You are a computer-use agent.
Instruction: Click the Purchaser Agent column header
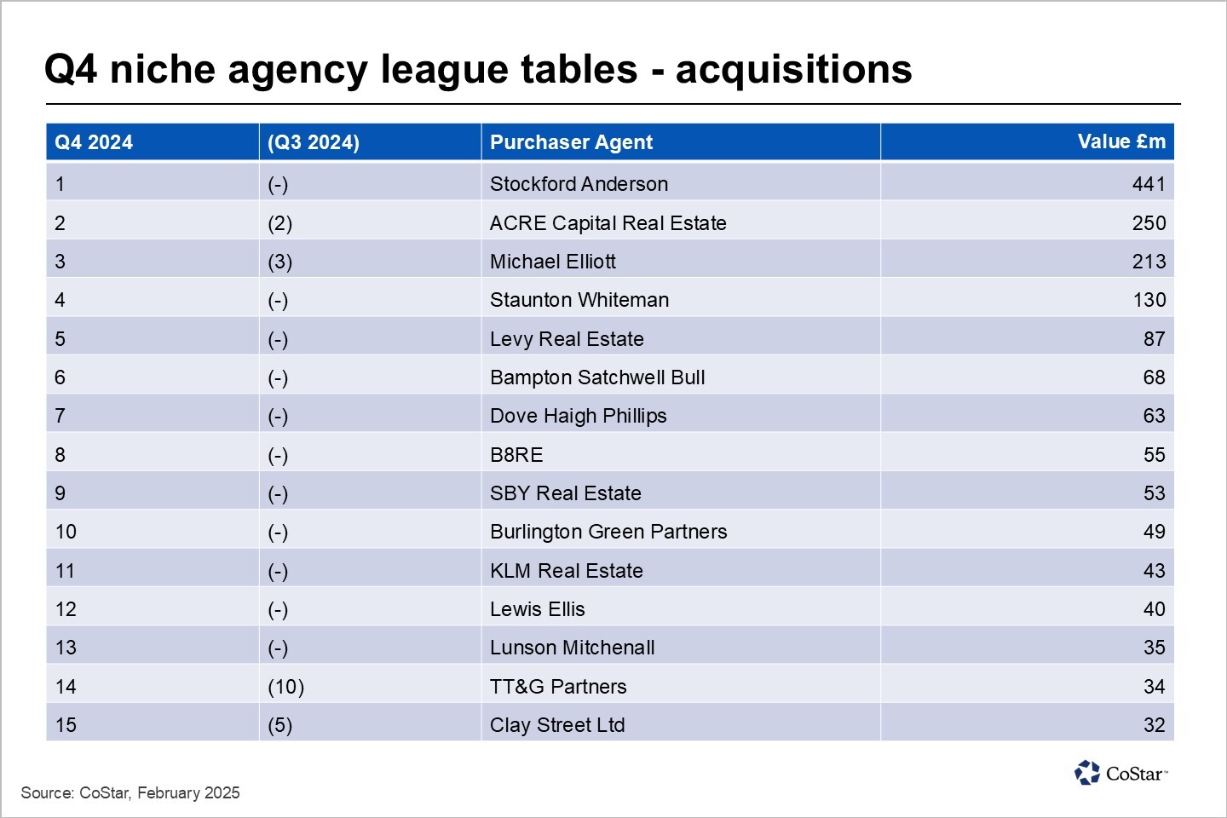point(571,142)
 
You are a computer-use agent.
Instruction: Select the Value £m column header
point(1120,141)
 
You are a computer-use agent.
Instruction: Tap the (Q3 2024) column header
point(314,142)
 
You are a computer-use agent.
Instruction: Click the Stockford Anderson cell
point(579,184)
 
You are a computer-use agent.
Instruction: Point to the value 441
point(1148,184)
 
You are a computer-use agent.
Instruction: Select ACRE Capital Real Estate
point(608,223)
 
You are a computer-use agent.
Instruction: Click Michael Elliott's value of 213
point(1148,262)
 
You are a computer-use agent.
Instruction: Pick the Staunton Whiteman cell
point(579,300)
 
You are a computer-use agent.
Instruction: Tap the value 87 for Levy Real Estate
point(1154,339)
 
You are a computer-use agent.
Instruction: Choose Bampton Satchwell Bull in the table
point(597,377)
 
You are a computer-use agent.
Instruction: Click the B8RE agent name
point(516,455)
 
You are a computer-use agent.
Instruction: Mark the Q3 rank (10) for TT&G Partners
point(285,687)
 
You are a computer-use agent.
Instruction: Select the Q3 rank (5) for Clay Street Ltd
point(279,725)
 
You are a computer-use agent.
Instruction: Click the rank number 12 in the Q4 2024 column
point(66,609)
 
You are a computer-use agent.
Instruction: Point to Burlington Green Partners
point(608,532)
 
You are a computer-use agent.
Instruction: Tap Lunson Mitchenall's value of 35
point(1154,648)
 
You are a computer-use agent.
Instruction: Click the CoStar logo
point(1120,773)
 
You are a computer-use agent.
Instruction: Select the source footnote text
point(130,792)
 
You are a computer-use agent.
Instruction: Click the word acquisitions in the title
point(793,69)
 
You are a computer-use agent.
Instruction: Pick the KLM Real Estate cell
point(566,571)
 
